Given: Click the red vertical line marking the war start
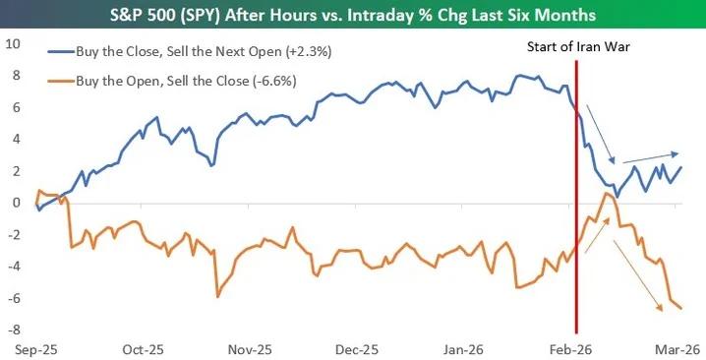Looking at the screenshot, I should coord(575,197).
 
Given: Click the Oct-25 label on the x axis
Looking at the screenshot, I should coord(144,348).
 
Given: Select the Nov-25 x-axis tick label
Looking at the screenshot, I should coord(250,348).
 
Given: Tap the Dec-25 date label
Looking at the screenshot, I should coord(357,348).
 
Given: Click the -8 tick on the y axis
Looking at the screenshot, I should coord(13,330).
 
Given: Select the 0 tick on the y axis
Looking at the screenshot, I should coord(16,204).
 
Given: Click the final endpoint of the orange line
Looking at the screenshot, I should coord(680,308).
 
